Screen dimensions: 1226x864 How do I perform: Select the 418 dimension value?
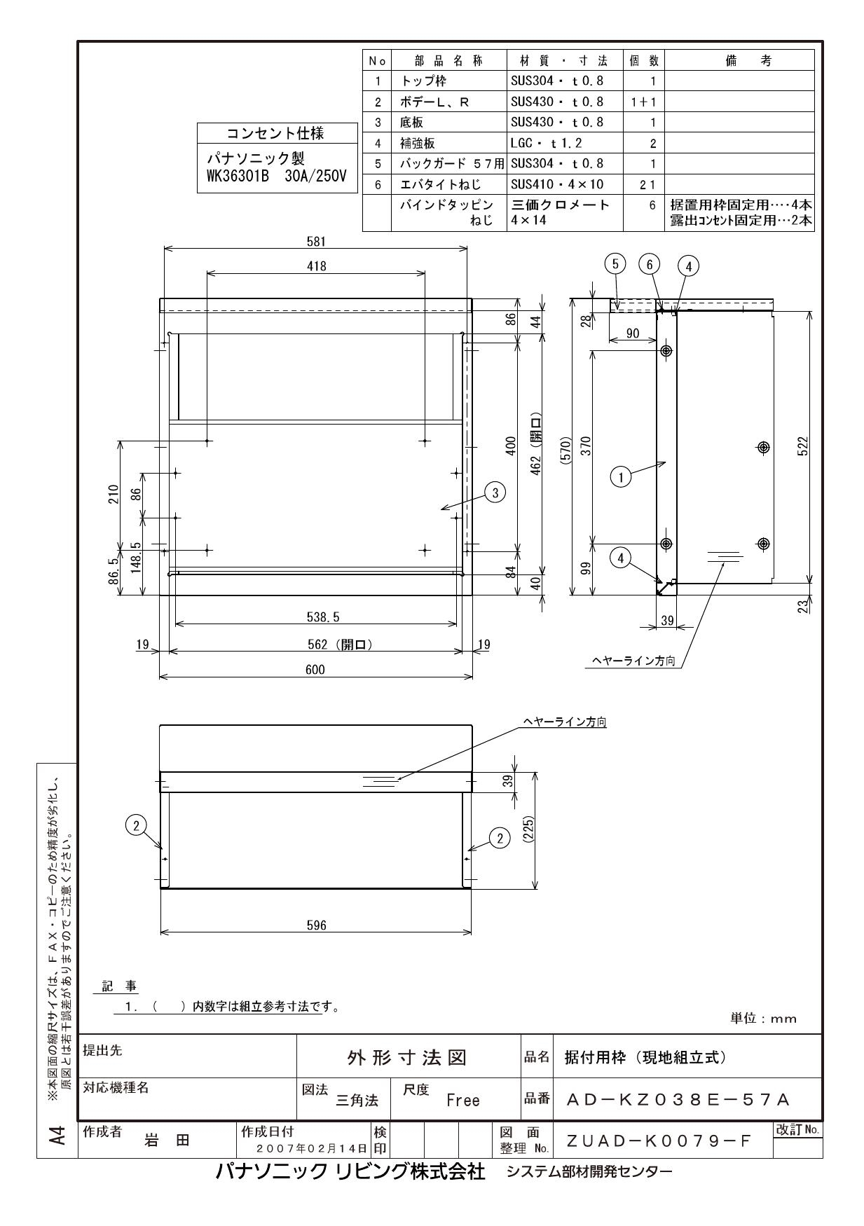pos(317,266)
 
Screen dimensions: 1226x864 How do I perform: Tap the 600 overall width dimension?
pos(315,670)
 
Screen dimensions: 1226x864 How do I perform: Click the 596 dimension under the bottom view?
pos(317,925)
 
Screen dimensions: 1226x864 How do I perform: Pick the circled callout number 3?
pos(495,493)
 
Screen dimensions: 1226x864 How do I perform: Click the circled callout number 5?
pos(615,264)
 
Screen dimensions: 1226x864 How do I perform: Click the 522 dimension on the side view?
pos(804,446)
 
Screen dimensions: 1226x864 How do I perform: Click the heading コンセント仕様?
pos(276,133)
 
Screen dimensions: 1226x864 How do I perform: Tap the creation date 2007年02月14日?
pos(312,1148)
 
